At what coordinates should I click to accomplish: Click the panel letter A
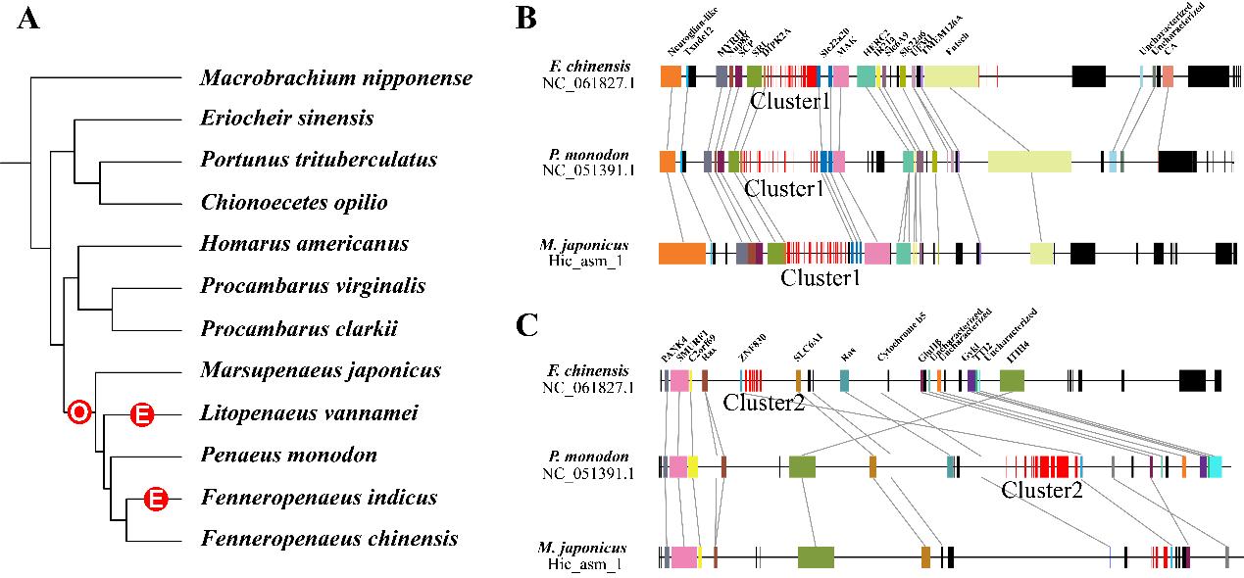click(x=29, y=19)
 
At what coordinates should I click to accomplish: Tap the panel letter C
click(x=526, y=325)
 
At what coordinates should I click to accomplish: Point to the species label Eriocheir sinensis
click(x=287, y=119)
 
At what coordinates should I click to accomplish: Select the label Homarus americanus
click(x=304, y=243)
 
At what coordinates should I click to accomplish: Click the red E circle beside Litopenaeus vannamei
click(x=141, y=414)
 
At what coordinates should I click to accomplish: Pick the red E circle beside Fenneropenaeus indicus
click(x=155, y=499)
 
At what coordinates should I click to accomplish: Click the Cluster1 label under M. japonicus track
click(x=821, y=278)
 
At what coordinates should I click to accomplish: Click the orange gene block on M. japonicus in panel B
click(x=682, y=253)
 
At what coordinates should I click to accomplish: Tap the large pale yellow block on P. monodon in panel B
click(x=1029, y=163)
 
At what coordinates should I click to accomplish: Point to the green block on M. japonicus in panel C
click(x=816, y=557)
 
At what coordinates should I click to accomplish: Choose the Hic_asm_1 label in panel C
click(x=588, y=562)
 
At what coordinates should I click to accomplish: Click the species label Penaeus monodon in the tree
click(x=288, y=456)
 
